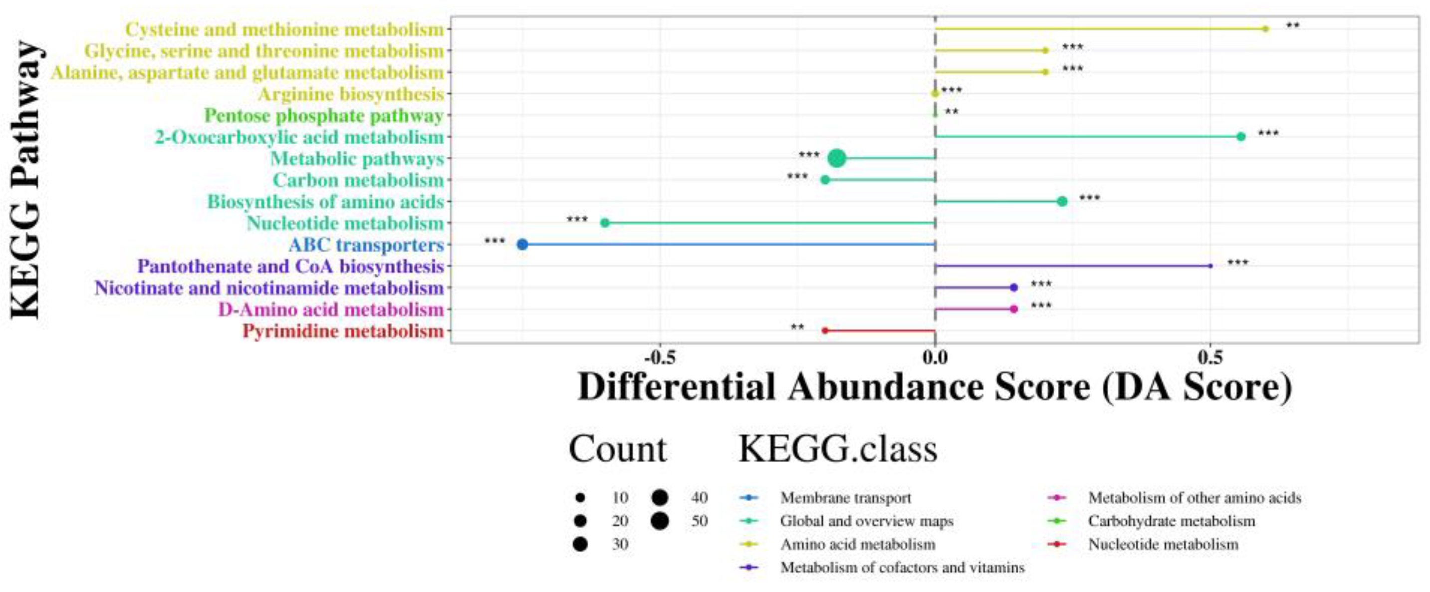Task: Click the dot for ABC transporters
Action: tap(522, 245)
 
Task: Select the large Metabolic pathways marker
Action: tap(837, 158)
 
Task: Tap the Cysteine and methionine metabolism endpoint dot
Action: tap(1266, 29)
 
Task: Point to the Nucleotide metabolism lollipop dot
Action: tap(605, 223)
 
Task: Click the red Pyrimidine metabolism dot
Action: tap(824, 330)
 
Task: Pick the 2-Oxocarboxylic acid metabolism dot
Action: tap(1241, 137)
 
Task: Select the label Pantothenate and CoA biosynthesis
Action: tap(290, 267)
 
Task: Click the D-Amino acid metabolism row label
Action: tap(331, 309)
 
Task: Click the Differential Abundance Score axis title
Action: tap(935, 386)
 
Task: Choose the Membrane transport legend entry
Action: tap(845, 498)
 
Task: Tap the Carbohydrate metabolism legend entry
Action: tap(1172, 521)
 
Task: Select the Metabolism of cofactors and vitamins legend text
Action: tap(902, 568)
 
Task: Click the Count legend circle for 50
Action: tap(660, 521)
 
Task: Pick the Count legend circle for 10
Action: tap(581, 498)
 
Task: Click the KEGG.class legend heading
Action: tap(838, 449)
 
